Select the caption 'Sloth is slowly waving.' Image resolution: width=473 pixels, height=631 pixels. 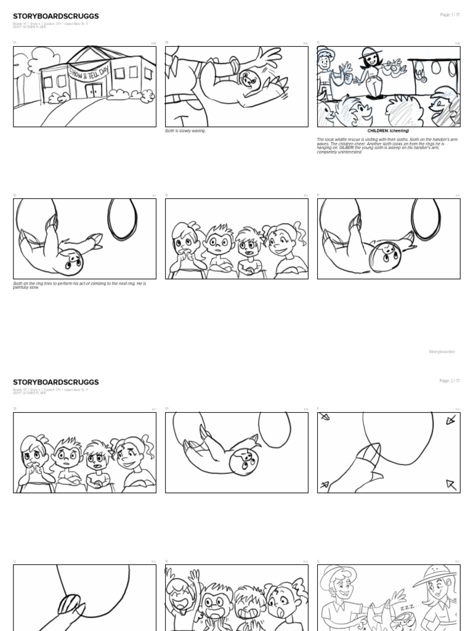coord(185,131)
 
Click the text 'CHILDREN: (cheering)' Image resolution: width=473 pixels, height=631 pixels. coord(388,131)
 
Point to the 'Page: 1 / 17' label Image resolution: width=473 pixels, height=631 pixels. coord(450,14)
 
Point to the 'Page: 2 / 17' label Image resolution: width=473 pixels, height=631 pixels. coord(450,381)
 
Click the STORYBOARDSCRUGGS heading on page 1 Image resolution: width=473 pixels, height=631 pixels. coord(55,16)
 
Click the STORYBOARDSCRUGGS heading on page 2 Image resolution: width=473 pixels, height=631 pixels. coord(55,382)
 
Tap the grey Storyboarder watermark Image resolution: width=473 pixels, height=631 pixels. coord(442,351)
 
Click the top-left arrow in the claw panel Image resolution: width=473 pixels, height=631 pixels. coord(325,417)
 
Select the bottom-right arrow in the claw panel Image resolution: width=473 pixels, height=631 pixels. coord(451,484)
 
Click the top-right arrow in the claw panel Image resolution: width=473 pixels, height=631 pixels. coord(450,420)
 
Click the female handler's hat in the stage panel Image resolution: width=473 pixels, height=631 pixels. coord(369,52)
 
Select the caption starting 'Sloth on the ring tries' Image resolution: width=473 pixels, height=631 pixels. coord(80,285)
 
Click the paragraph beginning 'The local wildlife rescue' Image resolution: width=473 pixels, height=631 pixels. coord(388,146)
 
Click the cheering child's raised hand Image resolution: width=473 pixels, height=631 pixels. coord(196,576)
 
